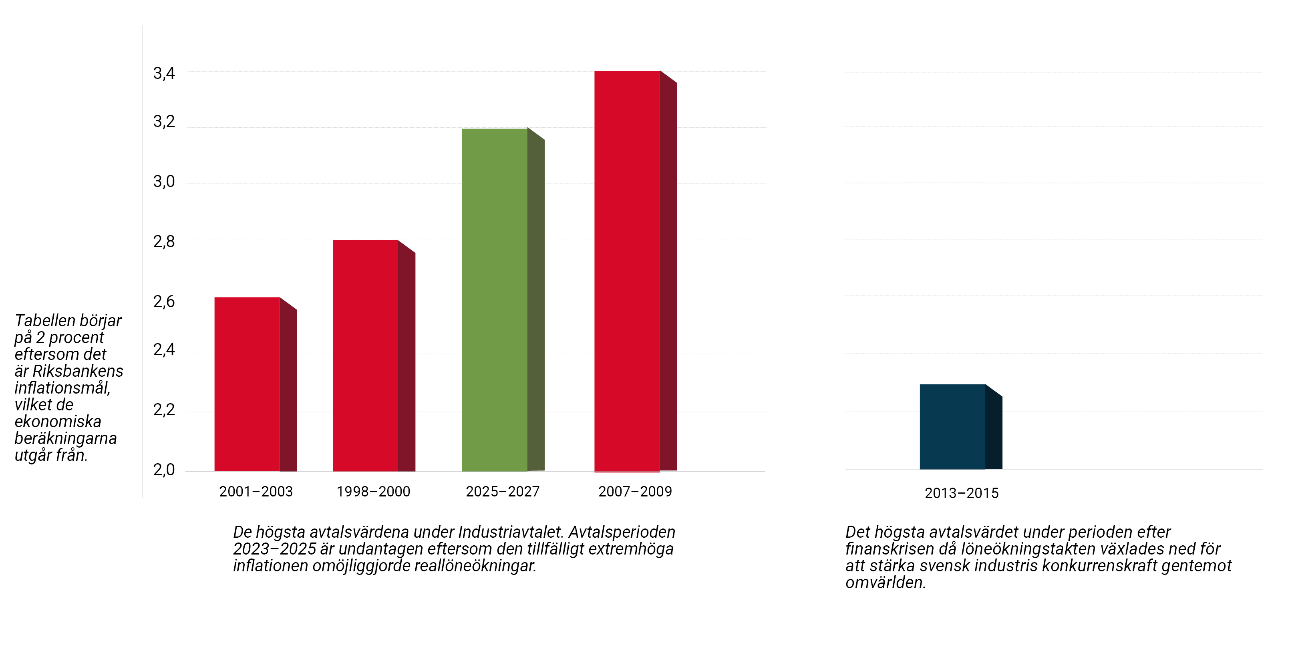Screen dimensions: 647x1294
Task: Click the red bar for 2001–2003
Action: (x=247, y=384)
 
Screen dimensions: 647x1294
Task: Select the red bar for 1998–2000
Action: (x=365, y=356)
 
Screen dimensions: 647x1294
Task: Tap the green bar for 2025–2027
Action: (x=494, y=300)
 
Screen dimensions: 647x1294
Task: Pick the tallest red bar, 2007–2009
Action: (x=627, y=271)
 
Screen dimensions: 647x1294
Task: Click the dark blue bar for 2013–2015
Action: (x=952, y=427)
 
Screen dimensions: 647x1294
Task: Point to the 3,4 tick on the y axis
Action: (x=164, y=73)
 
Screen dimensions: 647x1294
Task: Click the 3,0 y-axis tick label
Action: (x=164, y=181)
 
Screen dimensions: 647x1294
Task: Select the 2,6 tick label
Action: (x=164, y=301)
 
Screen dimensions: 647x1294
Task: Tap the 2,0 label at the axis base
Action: (x=164, y=470)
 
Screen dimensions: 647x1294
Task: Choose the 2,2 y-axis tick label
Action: (x=164, y=410)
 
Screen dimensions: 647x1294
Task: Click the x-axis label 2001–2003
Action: (x=256, y=491)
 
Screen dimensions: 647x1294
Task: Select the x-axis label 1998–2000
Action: (x=373, y=491)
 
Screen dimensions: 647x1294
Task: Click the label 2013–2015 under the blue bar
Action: (x=962, y=493)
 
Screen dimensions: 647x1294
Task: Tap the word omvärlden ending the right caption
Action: (x=885, y=583)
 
